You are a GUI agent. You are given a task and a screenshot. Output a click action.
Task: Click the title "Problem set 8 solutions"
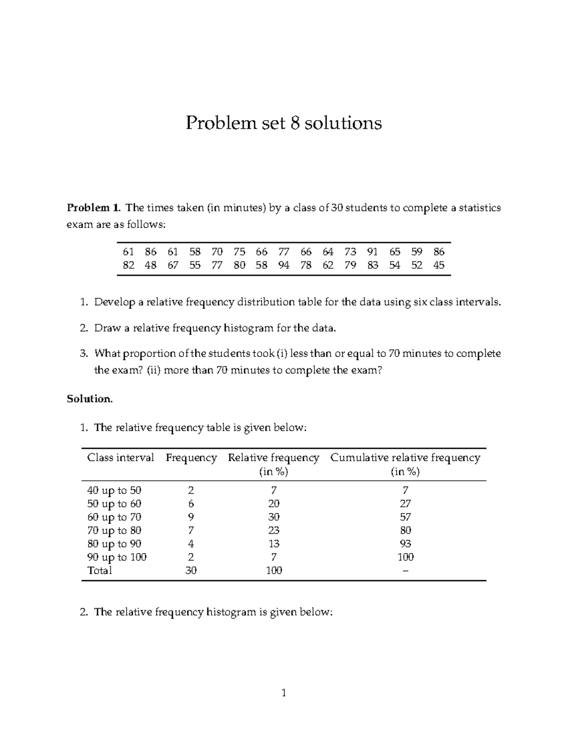284,123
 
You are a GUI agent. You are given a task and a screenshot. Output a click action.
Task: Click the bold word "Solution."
90,398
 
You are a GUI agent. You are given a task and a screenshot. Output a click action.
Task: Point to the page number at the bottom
284,693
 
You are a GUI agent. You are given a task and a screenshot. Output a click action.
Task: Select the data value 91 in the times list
373,252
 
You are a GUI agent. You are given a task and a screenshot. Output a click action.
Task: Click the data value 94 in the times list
284,265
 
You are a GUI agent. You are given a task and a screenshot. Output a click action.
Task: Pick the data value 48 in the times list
151,265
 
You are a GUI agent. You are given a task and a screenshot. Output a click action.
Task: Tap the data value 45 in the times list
439,265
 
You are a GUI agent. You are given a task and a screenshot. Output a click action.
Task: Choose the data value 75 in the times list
239,252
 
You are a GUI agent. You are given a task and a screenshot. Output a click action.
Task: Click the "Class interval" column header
121,458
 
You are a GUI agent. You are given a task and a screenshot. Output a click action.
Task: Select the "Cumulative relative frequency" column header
405,458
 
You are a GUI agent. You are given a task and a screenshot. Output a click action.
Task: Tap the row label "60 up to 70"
114,517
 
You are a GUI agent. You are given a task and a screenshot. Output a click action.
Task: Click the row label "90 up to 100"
117,557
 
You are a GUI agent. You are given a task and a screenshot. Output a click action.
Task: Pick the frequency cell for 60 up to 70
191,517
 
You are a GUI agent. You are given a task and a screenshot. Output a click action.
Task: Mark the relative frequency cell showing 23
274,530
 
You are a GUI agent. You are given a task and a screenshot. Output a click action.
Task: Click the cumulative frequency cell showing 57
405,517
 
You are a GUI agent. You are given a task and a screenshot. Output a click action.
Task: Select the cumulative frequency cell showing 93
405,544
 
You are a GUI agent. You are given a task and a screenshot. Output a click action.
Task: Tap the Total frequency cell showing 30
191,570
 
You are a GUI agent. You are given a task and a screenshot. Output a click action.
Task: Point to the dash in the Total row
405,571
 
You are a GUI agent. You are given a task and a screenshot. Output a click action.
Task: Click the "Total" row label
100,570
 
